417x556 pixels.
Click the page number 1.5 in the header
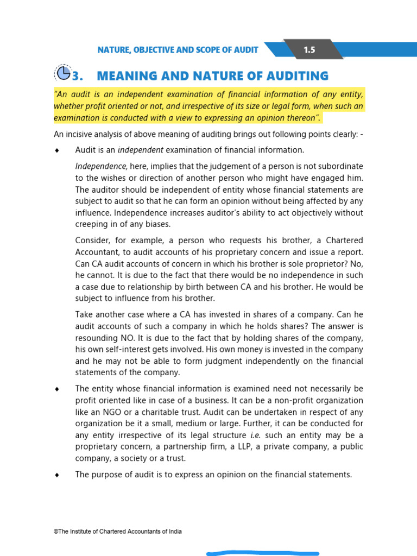(309, 50)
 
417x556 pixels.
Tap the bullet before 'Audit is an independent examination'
(56, 150)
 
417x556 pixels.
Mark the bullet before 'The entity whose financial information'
(56, 389)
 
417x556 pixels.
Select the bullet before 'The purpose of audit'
(56, 475)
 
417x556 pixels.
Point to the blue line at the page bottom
(262, 553)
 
